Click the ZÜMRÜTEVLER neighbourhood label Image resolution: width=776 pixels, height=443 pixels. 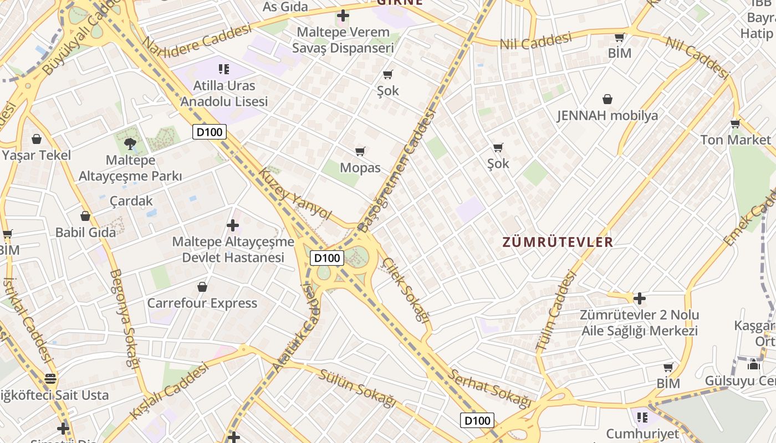point(558,242)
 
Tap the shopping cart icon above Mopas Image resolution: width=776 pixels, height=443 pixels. point(360,151)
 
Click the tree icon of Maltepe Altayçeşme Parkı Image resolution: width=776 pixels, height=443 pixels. point(130,144)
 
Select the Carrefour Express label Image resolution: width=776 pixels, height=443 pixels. point(202,303)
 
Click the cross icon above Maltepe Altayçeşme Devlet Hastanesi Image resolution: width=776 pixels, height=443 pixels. point(233,225)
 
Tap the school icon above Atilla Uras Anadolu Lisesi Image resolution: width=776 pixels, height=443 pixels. point(224,69)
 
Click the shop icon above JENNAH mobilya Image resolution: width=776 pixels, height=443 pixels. point(607,99)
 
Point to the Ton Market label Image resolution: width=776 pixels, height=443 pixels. point(736,140)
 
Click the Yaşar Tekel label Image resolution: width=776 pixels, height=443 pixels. point(37,155)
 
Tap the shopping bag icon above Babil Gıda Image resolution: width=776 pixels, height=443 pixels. point(85,215)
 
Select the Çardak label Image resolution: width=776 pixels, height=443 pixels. point(131,200)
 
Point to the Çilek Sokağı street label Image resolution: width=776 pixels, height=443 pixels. point(406,290)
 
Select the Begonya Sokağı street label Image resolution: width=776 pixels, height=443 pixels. point(124,318)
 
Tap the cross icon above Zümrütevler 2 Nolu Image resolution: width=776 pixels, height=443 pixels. point(640,298)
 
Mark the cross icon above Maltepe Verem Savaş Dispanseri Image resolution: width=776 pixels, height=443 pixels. point(343,16)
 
